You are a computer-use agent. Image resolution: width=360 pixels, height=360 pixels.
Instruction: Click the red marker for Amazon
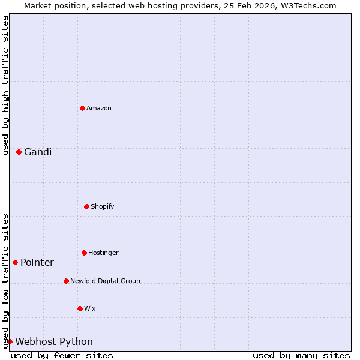(x=82, y=108)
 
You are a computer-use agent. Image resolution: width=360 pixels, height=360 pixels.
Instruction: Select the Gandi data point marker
(x=19, y=152)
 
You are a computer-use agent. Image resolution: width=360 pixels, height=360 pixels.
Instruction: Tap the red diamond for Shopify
(x=86, y=206)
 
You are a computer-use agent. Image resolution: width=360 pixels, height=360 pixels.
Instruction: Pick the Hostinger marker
(x=84, y=253)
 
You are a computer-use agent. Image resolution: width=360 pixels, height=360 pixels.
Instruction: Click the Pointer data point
(x=15, y=262)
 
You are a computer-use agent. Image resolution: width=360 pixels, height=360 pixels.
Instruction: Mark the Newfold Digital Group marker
(x=66, y=281)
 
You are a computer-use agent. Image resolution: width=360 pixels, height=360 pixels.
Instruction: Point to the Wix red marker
(x=80, y=308)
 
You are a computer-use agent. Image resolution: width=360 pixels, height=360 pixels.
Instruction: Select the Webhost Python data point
(x=10, y=341)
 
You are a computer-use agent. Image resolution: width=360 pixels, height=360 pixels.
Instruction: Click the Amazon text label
(x=99, y=108)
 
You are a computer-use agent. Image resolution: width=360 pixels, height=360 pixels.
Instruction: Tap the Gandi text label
(x=38, y=152)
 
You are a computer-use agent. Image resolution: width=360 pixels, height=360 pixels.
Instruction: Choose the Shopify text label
(x=103, y=206)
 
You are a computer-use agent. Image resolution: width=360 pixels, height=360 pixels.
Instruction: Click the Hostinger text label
(x=103, y=253)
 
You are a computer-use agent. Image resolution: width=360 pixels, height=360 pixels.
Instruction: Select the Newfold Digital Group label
(x=105, y=281)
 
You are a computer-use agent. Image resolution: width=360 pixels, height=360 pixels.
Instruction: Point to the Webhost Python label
(x=54, y=341)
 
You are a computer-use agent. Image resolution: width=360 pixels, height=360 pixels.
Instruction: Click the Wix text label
(x=90, y=308)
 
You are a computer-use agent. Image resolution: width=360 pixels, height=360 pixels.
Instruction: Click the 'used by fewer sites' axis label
(x=62, y=355)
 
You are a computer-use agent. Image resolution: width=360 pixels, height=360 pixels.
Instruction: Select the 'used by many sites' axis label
(x=301, y=355)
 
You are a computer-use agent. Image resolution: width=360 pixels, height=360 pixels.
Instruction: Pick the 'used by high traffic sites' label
(x=5, y=85)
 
